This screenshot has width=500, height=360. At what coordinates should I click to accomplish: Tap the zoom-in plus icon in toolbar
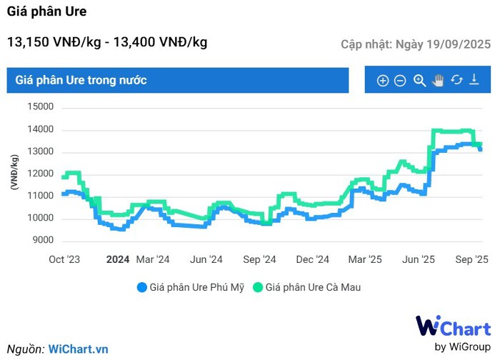tap(383, 81)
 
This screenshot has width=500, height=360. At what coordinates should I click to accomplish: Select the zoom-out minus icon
tap(400, 81)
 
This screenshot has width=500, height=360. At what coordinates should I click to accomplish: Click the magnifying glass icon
tap(419, 81)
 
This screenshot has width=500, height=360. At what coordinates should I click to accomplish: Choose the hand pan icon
tap(438, 81)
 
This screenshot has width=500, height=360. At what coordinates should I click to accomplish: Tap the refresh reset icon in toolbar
tap(456, 81)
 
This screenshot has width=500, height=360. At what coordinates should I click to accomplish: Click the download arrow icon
tap(474, 81)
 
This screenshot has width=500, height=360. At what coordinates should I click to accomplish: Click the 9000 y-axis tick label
tap(43, 240)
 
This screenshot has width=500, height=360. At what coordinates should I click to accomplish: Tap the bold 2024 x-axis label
tap(118, 259)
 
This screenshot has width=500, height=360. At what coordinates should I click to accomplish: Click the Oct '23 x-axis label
tap(64, 259)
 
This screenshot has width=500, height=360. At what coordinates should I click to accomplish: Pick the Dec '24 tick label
tap(312, 259)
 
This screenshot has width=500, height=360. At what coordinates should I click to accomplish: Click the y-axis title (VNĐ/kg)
tap(14, 173)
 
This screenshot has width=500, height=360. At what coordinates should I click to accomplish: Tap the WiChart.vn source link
tap(79, 349)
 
